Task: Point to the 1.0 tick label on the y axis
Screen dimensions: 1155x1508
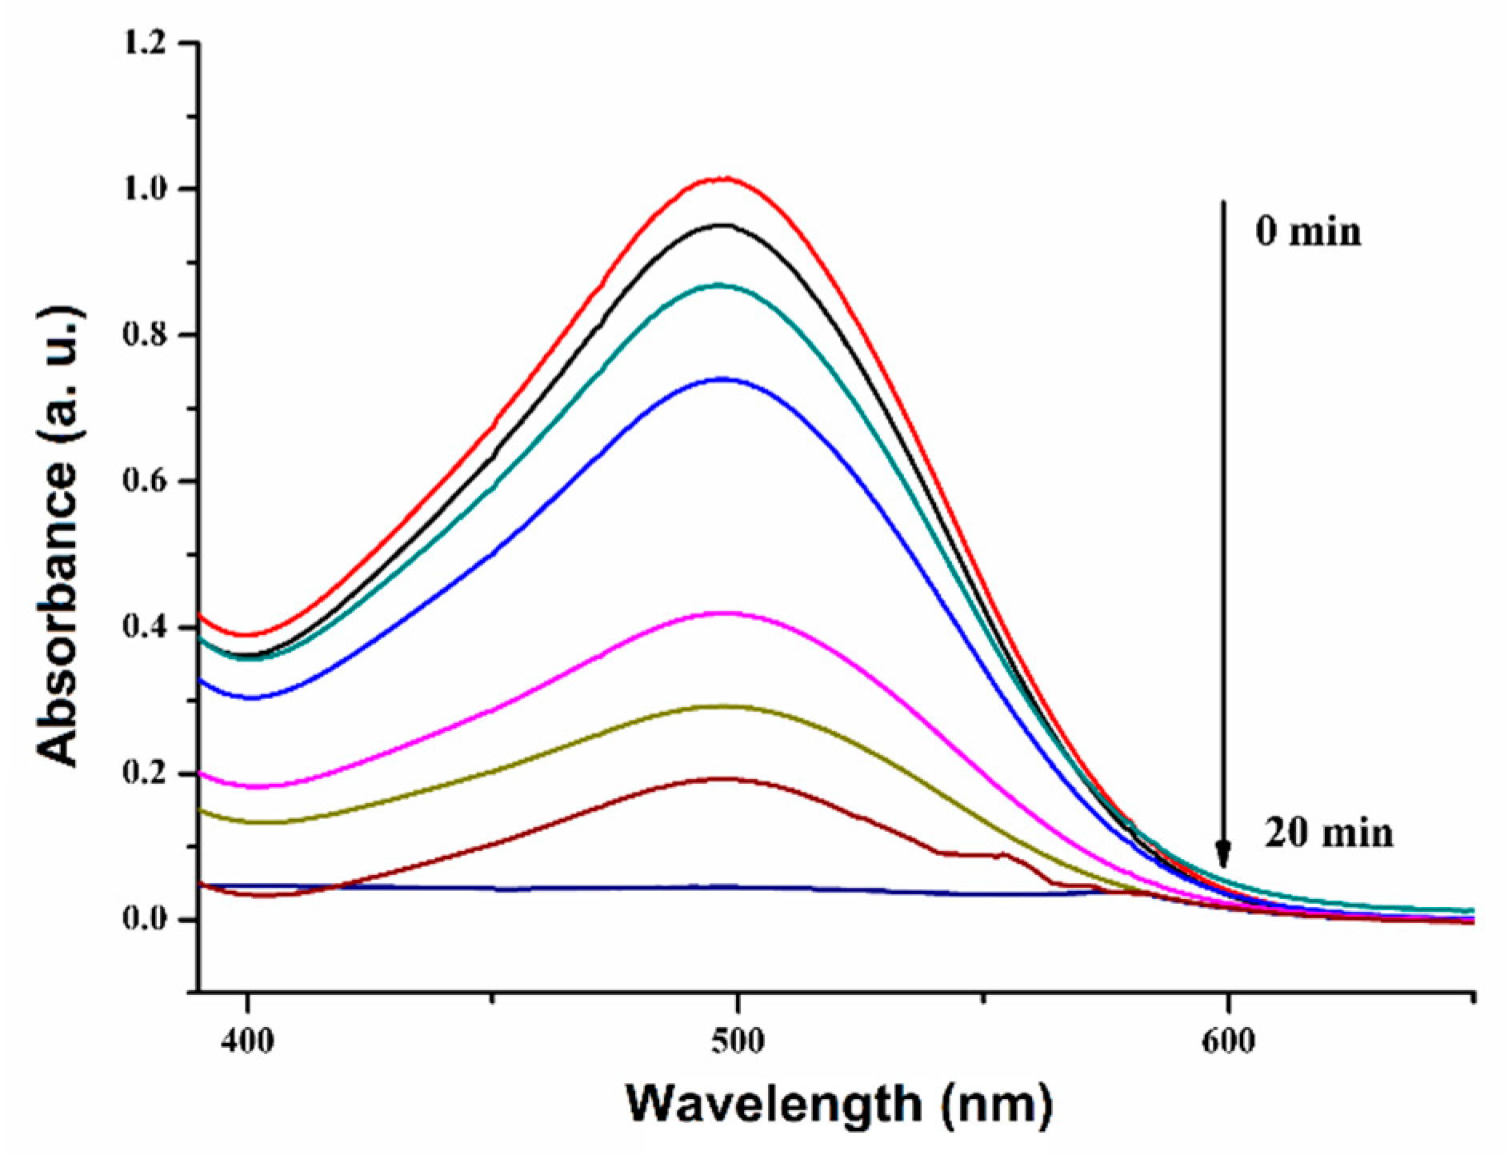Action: point(146,189)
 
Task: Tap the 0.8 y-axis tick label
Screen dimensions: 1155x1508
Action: point(146,335)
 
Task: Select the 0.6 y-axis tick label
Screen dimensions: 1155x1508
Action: point(146,482)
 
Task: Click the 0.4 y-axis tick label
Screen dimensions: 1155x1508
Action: point(146,628)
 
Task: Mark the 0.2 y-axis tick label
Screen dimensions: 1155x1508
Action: point(146,774)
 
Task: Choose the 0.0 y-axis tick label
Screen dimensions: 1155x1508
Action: point(146,920)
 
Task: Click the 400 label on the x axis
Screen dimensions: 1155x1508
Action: point(248,1042)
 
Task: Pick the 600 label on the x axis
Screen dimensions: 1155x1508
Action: point(1227,1042)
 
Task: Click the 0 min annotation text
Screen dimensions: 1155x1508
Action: point(1307,232)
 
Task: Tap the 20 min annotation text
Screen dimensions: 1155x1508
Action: point(1329,833)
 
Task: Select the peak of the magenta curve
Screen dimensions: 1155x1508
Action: point(724,613)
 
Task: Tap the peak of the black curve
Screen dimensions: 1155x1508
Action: point(724,225)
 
